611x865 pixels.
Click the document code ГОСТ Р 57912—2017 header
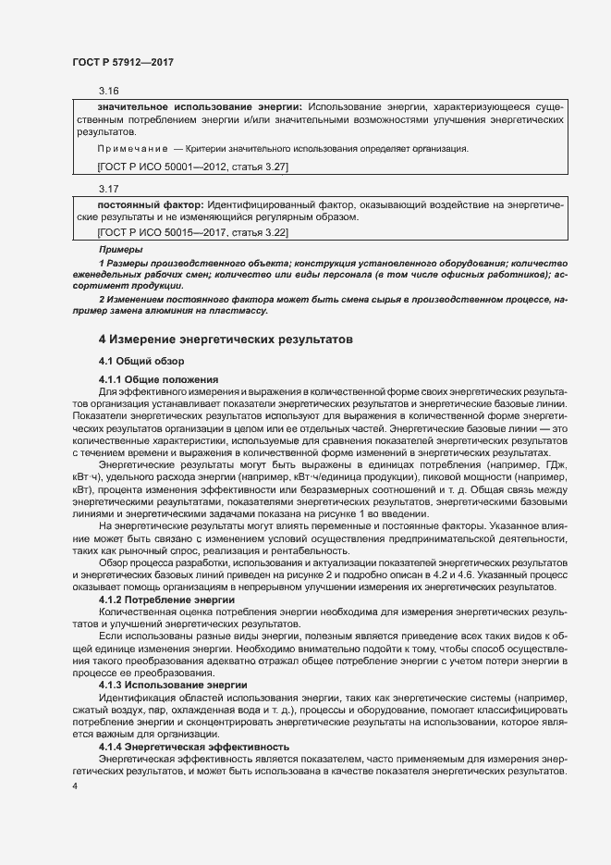123,62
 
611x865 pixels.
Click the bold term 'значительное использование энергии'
200,108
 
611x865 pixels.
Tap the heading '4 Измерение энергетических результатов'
226,340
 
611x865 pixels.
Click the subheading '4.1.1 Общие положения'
158,380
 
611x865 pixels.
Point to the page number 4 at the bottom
75,785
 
